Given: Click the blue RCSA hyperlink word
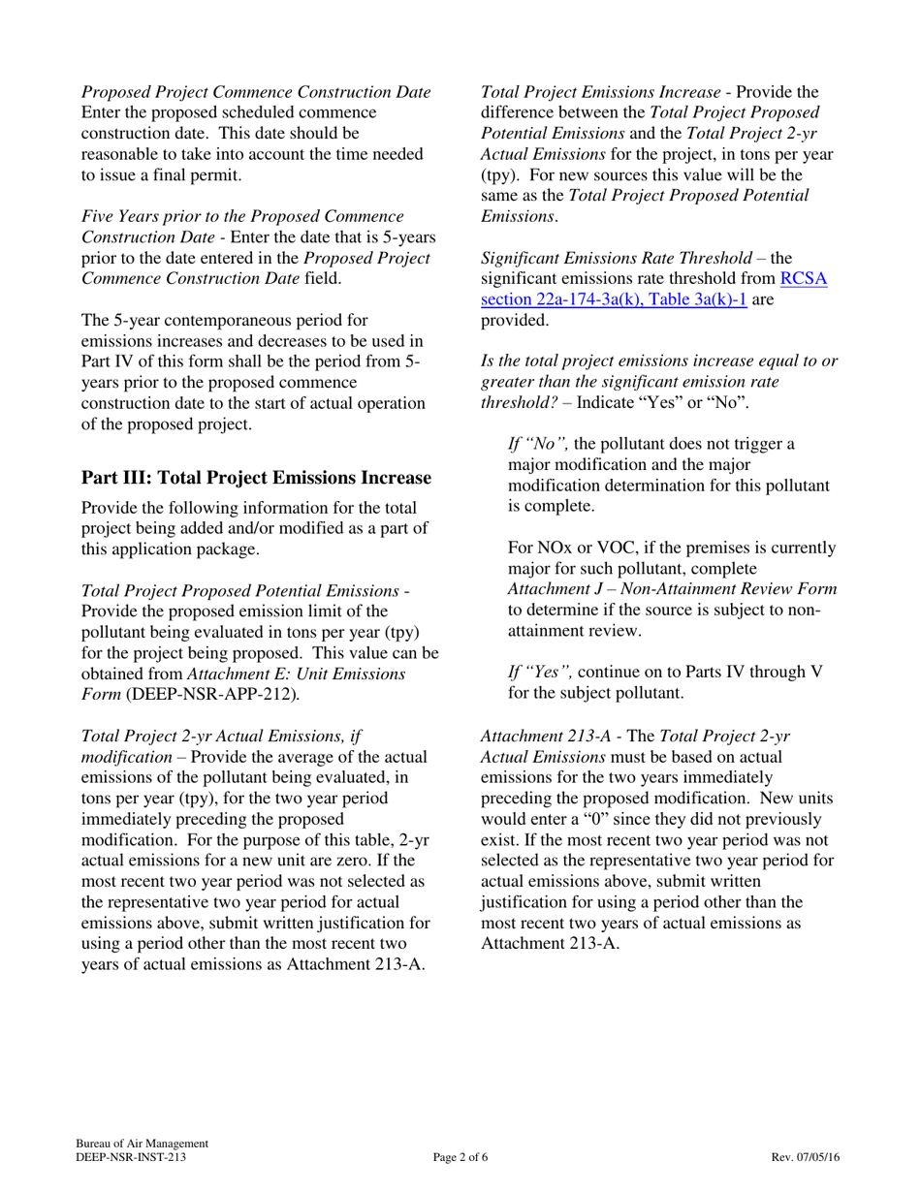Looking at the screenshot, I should coord(804,279).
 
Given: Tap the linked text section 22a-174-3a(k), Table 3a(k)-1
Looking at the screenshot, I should coord(613,300).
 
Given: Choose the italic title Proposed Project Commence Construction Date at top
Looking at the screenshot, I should coord(256,93).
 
